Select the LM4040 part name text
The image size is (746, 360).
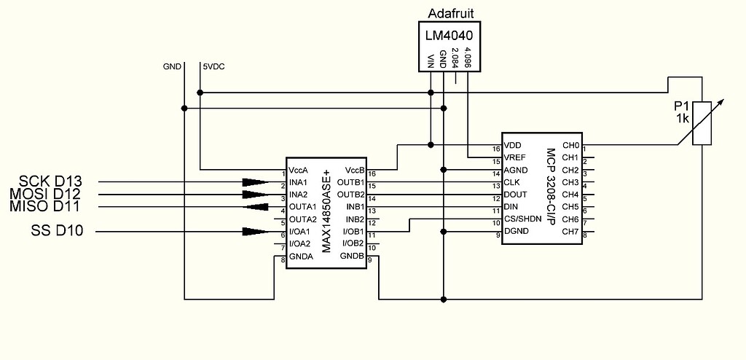click(448, 35)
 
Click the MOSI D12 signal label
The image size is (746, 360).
click(46, 194)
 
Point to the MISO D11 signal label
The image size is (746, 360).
click(46, 206)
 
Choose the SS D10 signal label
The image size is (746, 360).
click(57, 232)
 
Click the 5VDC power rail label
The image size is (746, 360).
click(214, 66)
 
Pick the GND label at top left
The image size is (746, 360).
click(172, 66)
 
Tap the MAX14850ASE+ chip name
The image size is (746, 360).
click(327, 214)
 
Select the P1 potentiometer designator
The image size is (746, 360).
click(682, 107)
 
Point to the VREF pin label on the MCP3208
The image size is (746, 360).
click(514, 157)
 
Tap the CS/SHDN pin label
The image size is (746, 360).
click(522, 219)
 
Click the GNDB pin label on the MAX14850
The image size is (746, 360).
click(352, 257)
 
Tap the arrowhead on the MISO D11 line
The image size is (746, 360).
click(254, 207)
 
